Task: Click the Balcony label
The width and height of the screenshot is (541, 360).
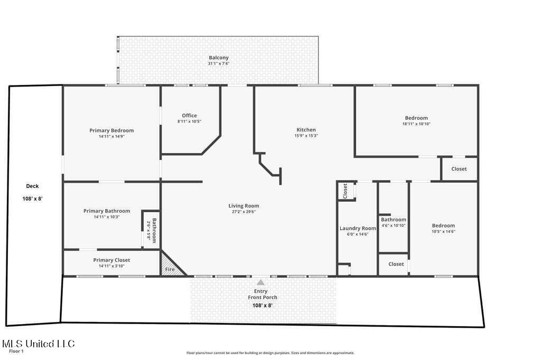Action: pos(218,58)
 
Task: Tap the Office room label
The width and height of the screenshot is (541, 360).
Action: pos(189,116)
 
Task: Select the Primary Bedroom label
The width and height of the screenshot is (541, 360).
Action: pos(111,130)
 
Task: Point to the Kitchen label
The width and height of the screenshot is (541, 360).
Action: pos(306,130)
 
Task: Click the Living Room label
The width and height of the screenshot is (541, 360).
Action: pos(244,206)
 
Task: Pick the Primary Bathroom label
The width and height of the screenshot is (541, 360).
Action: pos(107,211)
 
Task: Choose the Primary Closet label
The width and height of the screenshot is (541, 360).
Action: pos(111,260)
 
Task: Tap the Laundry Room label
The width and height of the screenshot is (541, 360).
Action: pos(357,229)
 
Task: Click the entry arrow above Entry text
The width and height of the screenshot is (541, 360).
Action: pos(260,282)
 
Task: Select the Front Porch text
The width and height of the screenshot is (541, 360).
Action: pos(263,298)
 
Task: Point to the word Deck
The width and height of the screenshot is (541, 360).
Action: pos(33,186)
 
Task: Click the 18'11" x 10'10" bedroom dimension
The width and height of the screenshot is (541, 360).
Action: pos(416,124)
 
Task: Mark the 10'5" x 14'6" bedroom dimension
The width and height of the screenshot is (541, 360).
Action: pos(443,231)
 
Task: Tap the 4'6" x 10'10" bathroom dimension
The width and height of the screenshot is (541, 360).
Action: pos(394,225)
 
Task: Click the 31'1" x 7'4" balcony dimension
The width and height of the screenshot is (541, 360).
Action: pos(218,64)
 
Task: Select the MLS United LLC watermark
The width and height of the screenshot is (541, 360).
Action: pos(38,344)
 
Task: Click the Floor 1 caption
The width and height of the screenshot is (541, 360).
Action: pos(17,351)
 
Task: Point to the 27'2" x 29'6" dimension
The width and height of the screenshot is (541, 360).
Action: pos(244,212)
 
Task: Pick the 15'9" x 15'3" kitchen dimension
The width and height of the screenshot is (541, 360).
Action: pos(306,136)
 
